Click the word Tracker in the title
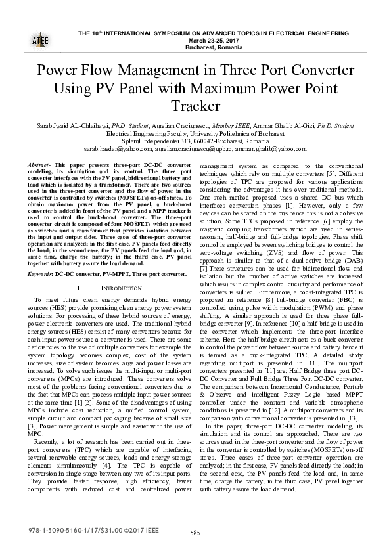(x=195, y=105)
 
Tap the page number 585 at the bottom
(x=195, y=533)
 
